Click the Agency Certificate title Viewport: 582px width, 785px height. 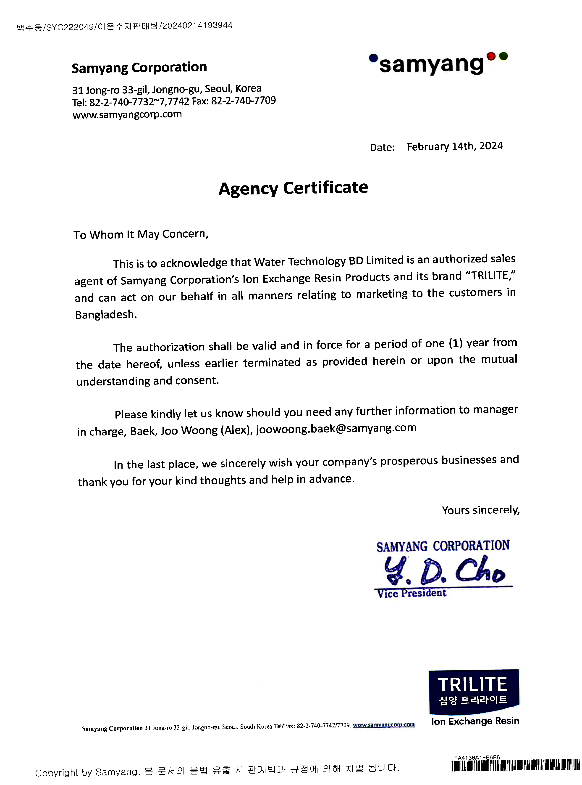(x=293, y=188)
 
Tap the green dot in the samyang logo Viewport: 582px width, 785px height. (x=503, y=56)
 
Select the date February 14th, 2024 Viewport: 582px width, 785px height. (x=454, y=146)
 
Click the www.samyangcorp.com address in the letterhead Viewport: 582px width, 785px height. (x=127, y=115)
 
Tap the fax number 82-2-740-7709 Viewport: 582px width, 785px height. (x=243, y=101)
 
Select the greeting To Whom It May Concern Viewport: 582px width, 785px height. (x=141, y=234)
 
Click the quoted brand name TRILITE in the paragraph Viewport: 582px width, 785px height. (x=490, y=276)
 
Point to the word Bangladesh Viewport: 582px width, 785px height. (x=106, y=314)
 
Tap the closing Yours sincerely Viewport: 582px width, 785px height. (x=480, y=510)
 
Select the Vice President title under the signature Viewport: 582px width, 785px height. (x=412, y=593)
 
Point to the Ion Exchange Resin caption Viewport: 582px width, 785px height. (x=475, y=721)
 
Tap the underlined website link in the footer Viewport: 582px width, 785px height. (x=384, y=725)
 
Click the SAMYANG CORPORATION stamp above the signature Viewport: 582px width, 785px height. (x=443, y=546)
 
